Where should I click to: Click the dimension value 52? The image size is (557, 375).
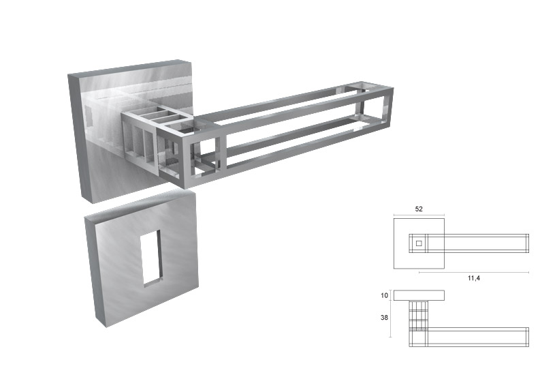(x=419, y=209)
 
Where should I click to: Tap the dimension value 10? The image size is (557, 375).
(x=385, y=295)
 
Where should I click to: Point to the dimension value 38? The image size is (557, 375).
(x=385, y=317)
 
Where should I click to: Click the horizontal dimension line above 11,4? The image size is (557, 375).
(x=474, y=271)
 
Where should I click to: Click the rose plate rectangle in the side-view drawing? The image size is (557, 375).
(x=419, y=295)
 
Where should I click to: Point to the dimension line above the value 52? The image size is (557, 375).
(x=419, y=216)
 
